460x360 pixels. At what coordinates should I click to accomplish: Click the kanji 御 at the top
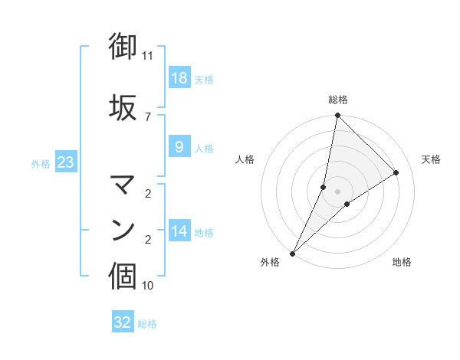click(x=123, y=47)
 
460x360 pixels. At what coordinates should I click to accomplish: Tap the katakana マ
click(x=123, y=183)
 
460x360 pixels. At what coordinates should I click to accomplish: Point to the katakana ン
click(x=123, y=230)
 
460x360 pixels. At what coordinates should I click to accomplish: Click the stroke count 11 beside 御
click(x=148, y=56)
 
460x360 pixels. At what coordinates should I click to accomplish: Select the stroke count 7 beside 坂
click(x=148, y=116)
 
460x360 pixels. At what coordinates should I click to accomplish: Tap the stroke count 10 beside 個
click(x=148, y=286)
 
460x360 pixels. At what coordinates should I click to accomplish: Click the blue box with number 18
click(x=179, y=79)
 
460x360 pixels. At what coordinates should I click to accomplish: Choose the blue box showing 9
click(x=179, y=147)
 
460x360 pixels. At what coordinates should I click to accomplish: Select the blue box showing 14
click(x=179, y=231)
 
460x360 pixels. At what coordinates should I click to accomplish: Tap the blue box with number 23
click(x=65, y=162)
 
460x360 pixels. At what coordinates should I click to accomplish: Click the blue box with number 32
click(x=123, y=322)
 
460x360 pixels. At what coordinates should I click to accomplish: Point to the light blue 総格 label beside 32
click(x=147, y=324)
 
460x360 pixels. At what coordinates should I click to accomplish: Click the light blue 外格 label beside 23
click(x=41, y=164)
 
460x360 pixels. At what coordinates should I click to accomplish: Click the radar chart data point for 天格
click(x=396, y=173)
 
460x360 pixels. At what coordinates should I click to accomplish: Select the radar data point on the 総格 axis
click(x=337, y=116)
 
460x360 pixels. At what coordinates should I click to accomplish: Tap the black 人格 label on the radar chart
click(x=245, y=159)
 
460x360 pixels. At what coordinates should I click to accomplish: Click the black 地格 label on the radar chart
click(x=402, y=263)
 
